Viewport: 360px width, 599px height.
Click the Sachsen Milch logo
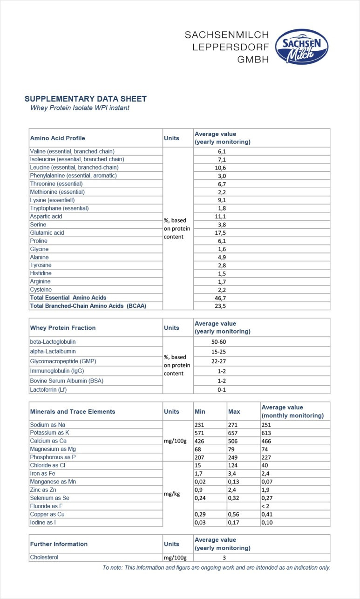coord(302,47)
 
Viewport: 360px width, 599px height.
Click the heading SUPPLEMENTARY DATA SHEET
coord(85,99)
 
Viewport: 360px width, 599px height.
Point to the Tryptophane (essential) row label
coord(59,208)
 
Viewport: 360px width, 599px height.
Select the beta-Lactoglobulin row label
coord(53,341)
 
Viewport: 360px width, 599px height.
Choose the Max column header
coord(234,412)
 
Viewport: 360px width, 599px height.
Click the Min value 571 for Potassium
coord(200,433)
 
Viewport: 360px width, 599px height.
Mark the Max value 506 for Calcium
coord(233,441)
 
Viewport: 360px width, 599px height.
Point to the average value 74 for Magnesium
coord(265,449)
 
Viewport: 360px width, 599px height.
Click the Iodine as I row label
coord(47,522)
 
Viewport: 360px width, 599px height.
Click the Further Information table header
coord(59,544)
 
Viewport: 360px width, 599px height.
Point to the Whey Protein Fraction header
coord(63,328)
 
